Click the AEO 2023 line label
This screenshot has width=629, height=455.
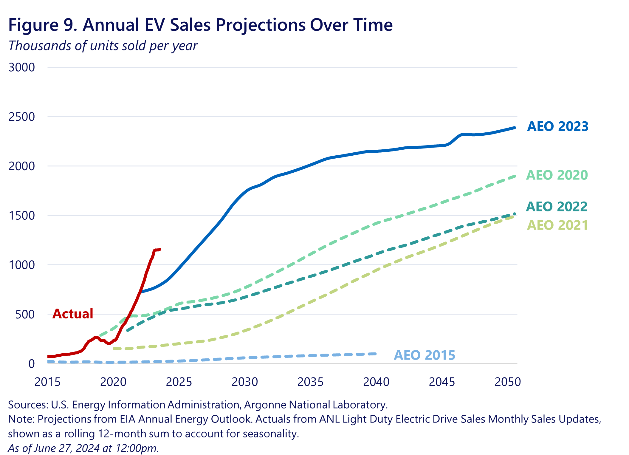click(x=557, y=126)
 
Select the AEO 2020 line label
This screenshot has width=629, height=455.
click(x=557, y=175)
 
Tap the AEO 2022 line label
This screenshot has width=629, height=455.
click(x=557, y=207)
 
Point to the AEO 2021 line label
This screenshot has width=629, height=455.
click(x=557, y=225)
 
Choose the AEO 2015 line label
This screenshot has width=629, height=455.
click(x=424, y=355)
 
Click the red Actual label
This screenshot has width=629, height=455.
click(x=73, y=314)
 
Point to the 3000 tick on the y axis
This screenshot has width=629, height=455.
click(x=21, y=67)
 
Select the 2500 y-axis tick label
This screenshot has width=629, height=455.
click(x=21, y=117)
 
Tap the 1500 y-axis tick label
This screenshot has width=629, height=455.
click(x=21, y=216)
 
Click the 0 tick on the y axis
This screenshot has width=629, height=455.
click(x=31, y=364)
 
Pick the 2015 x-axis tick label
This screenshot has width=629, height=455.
click(x=47, y=382)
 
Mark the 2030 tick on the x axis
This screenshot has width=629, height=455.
click(x=244, y=382)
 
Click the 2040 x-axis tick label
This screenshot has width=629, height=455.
click(x=376, y=382)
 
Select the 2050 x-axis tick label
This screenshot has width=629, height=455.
click(x=507, y=382)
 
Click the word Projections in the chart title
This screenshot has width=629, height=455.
click(x=261, y=25)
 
